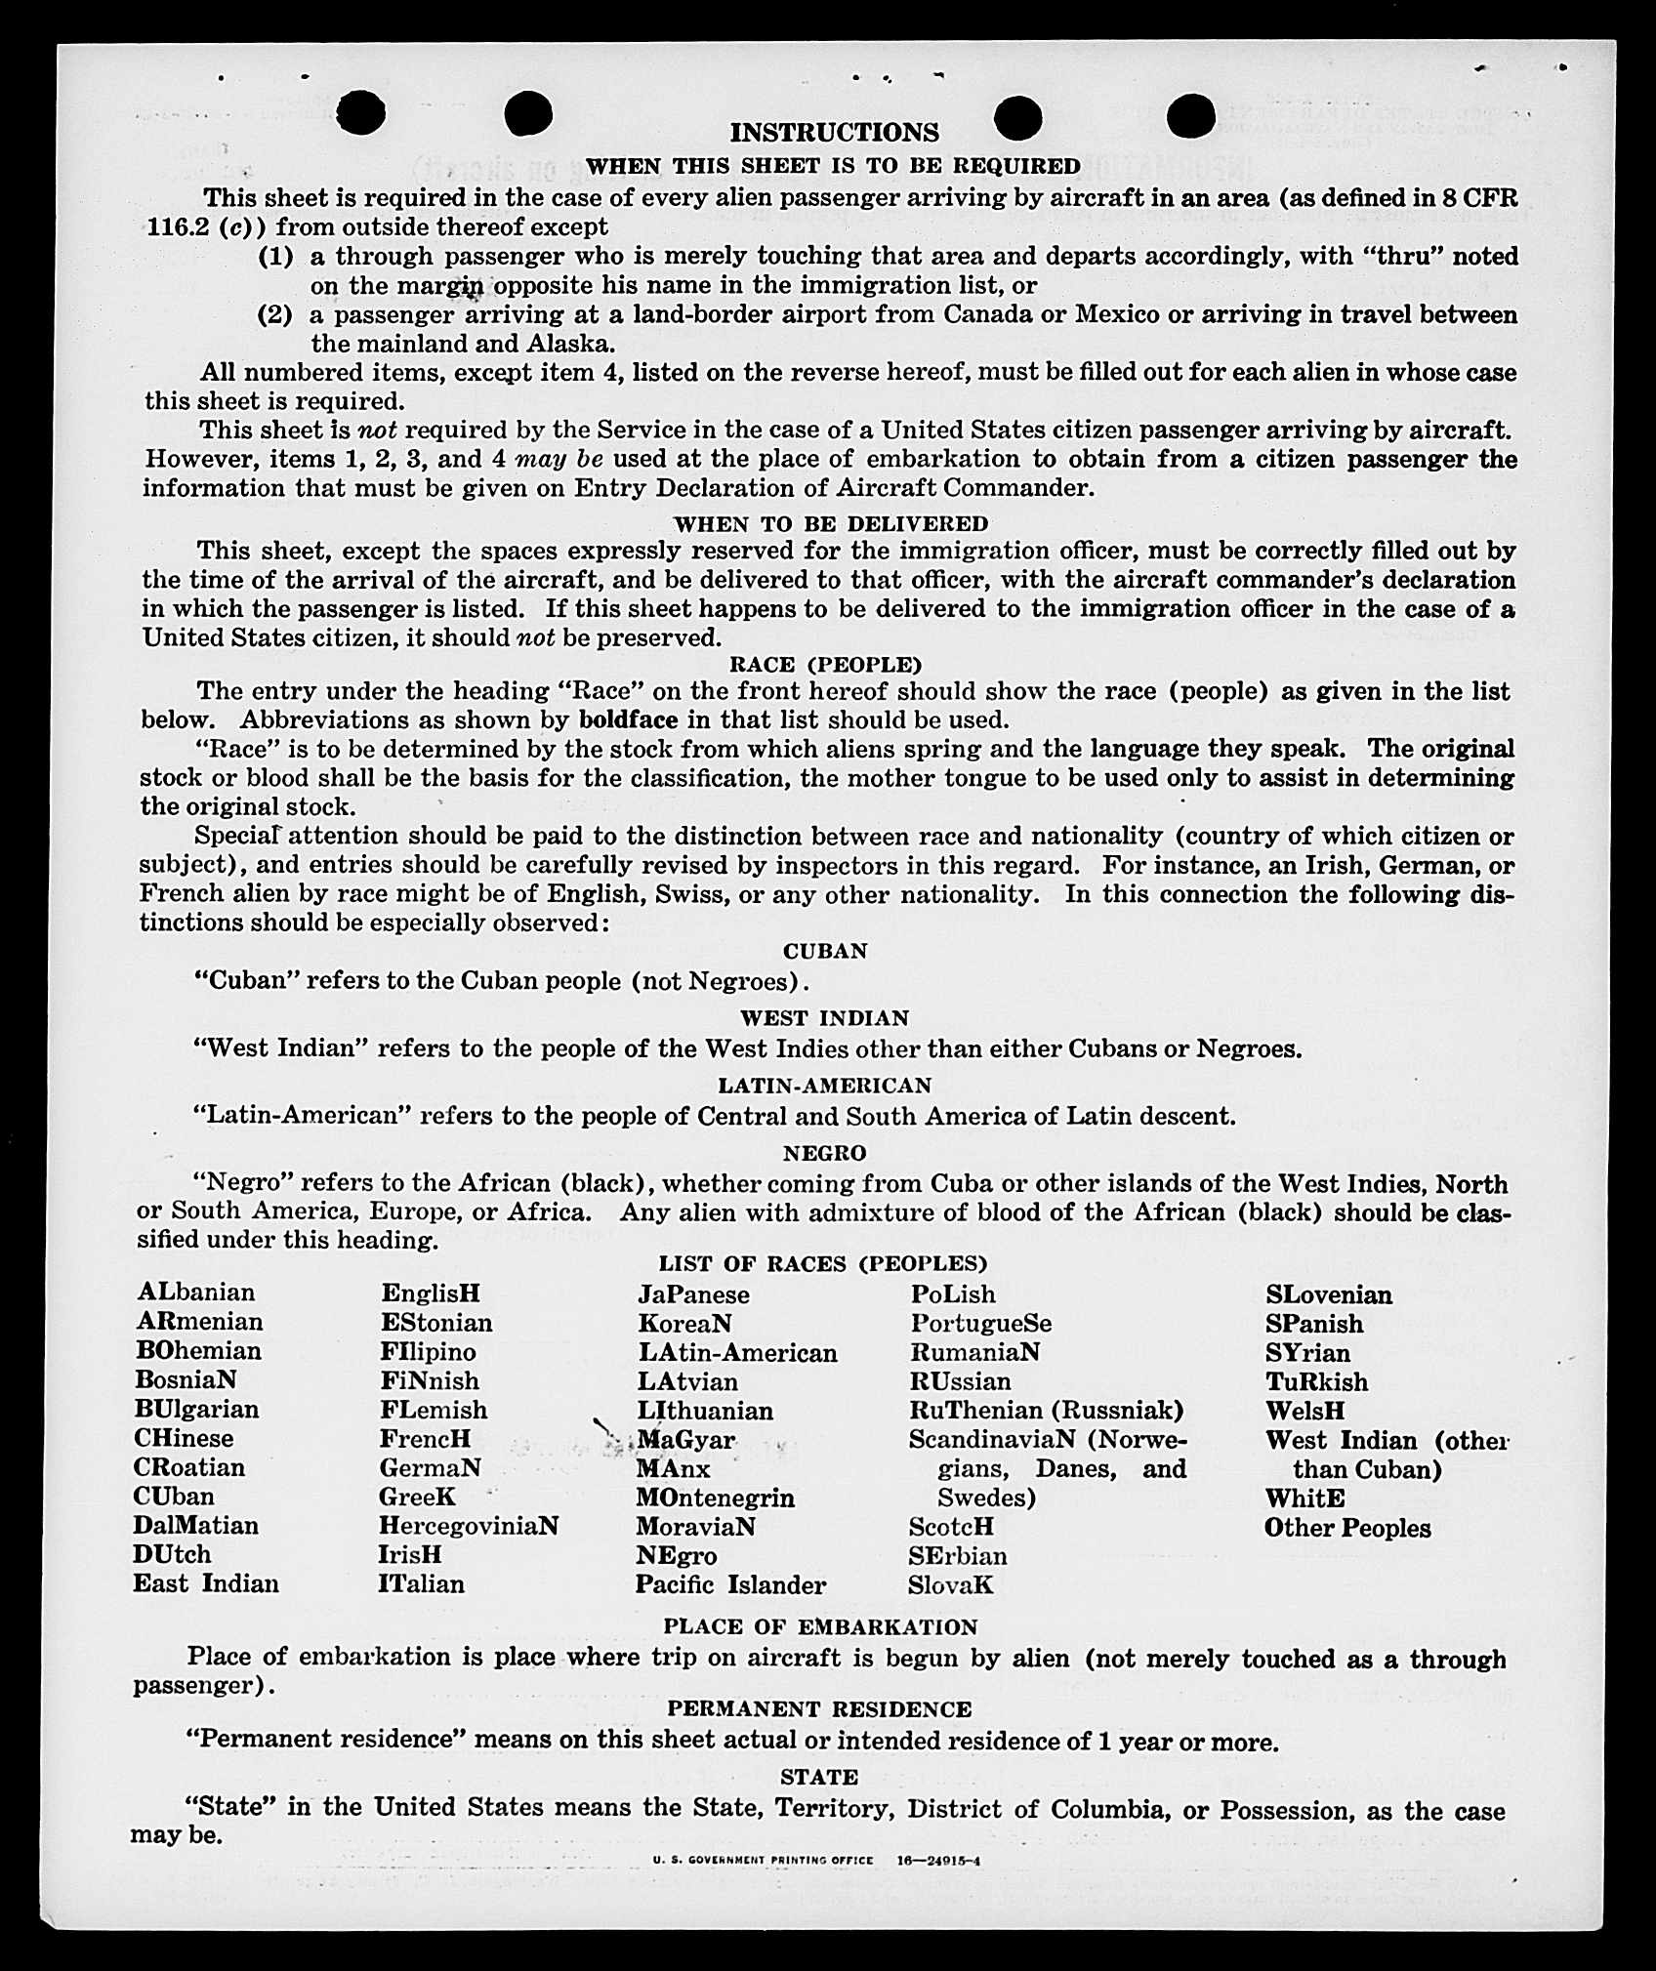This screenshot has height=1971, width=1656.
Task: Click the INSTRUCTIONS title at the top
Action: click(834, 133)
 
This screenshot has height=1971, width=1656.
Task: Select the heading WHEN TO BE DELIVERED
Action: click(831, 524)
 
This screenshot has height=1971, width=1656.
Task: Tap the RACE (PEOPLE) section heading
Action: click(826, 666)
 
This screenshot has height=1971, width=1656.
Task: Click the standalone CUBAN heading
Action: click(825, 951)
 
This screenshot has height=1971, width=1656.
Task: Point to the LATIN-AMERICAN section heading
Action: click(825, 1086)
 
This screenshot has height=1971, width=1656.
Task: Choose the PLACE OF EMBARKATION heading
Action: click(820, 1627)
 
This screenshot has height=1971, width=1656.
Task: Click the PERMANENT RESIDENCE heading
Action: click(819, 1709)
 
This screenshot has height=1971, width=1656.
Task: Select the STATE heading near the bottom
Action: click(819, 1777)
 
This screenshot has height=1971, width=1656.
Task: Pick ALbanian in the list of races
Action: click(196, 1293)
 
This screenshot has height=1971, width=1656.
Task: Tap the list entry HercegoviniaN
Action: click(469, 1526)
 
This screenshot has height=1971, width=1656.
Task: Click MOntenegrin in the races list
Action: click(715, 1498)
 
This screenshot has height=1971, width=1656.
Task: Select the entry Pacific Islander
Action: click(730, 1584)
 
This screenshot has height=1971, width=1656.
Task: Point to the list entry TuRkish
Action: click(1316, 1382)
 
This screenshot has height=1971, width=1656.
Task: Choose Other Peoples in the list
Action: click(1347, 1529)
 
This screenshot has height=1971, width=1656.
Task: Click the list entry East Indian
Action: click(206, 1583)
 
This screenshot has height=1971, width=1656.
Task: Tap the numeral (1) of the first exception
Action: click(274, 257)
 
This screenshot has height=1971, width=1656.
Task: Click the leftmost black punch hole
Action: click(361, 113)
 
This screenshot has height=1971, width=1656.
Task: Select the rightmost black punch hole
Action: click(1190, 116)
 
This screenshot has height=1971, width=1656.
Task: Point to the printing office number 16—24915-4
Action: click(938, 1861)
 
